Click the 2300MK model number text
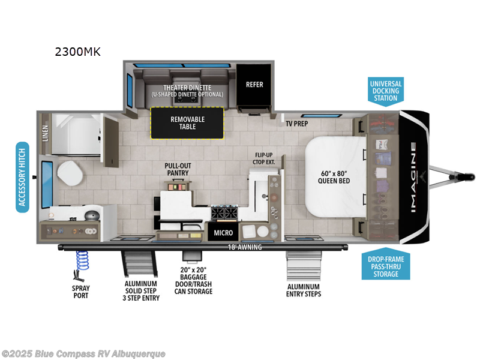coord(77,52)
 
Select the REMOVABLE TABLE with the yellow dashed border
coord(187,123)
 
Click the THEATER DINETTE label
coord(187,88)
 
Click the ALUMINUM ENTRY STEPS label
coord(304,290)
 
